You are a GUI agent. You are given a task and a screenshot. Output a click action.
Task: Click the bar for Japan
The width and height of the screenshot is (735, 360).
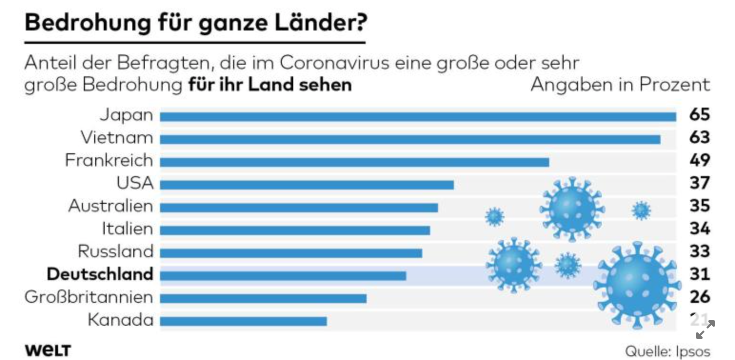(417, 117)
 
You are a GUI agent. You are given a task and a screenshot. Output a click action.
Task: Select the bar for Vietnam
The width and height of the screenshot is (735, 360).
(409, 139)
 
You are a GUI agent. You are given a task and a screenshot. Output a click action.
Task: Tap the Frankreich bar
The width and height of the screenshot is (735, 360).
(354, 162)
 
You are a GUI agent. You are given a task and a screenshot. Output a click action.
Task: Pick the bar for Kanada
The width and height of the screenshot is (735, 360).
(243, 321)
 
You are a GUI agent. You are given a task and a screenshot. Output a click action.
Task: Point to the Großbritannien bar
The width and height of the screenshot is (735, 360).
(263, 299)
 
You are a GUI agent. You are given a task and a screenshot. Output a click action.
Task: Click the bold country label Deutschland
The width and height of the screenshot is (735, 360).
(100, 274)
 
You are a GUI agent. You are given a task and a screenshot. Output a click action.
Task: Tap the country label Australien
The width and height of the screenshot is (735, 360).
(111, 206)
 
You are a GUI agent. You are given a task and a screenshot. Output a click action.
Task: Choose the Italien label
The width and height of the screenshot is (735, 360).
(128, 229)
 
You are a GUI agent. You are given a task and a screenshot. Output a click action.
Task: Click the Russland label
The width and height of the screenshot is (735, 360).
(116, 251)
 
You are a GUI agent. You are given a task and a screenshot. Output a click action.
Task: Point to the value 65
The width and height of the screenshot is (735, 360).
(699, 115)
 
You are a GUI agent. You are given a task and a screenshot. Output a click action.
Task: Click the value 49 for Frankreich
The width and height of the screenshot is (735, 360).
(699, 160)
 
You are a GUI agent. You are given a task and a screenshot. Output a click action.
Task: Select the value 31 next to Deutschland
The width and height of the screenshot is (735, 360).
(699, 274)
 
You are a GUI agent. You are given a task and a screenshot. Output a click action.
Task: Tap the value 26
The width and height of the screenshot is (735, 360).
(699, 297)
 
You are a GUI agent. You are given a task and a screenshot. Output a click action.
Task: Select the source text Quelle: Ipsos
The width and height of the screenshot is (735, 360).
(667, 351)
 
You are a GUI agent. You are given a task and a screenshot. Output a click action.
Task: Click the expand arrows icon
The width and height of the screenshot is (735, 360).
(705, 330)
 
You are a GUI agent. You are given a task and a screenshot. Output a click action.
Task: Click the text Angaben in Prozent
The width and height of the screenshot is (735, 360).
(620, 85)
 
